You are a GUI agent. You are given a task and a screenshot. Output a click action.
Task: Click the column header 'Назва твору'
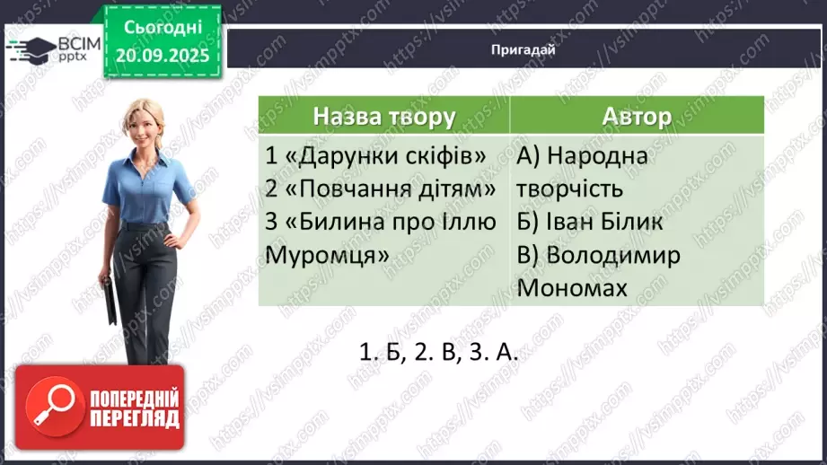(x=384, y=117)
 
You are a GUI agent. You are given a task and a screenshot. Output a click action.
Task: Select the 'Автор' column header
(x=637, y=117)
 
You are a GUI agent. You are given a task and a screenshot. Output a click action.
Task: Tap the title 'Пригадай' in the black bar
(x=523, y=50)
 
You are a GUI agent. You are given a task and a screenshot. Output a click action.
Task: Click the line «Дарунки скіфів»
(x=376, y=156)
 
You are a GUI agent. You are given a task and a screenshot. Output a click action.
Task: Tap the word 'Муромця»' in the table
(x=328, y=256)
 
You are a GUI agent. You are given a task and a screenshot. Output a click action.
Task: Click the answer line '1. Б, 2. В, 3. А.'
(x=439, y=352)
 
